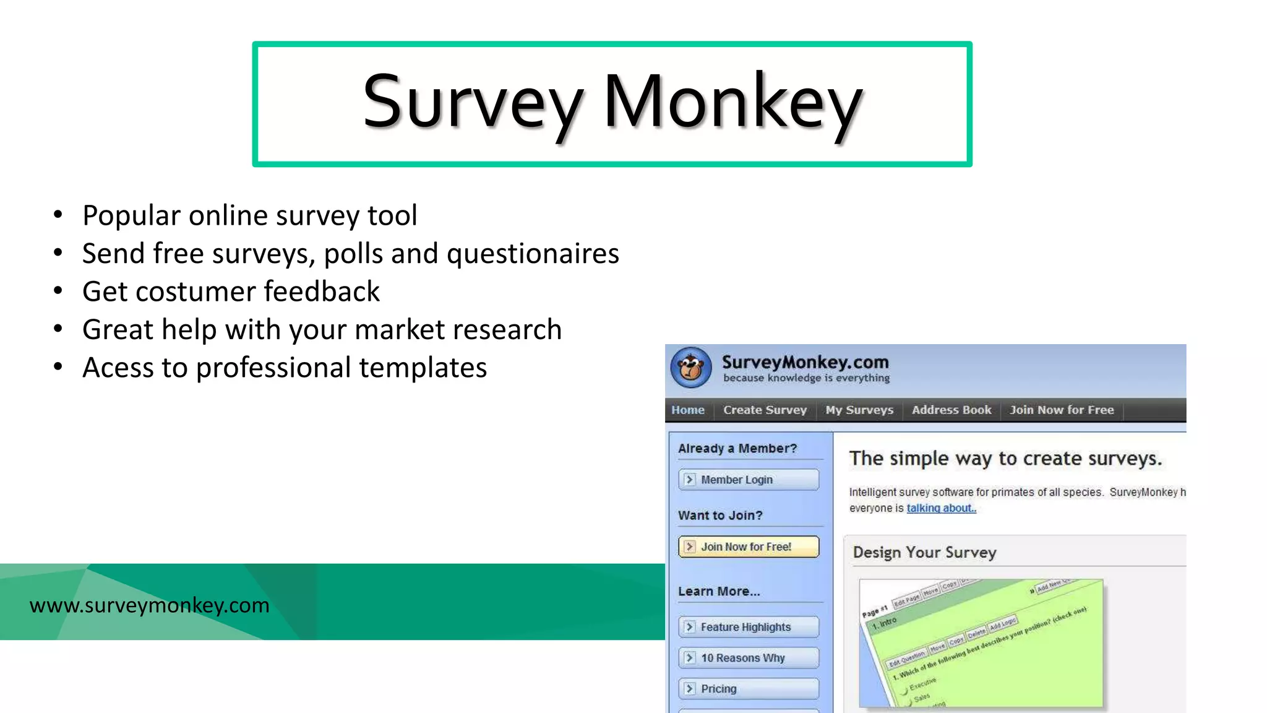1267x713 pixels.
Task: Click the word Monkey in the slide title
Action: [732, 102]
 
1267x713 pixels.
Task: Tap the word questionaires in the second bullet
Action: [533, 254]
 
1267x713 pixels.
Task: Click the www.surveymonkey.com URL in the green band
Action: [149, 605]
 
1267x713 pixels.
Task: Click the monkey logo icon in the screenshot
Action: [691, 368]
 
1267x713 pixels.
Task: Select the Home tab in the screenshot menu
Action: [688, 410]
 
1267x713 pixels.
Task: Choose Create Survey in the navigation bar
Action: [765, 410]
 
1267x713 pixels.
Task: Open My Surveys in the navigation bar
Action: [859, 410]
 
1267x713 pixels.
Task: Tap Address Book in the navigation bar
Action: [951, 410]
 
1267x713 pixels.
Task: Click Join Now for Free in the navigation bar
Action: [1062, 410]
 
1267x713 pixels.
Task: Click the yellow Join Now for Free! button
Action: [749, 547]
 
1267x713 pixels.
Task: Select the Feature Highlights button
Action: [749, 627]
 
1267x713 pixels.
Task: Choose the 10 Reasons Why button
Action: [749, 658]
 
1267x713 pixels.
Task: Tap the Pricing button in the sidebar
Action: [749, 689]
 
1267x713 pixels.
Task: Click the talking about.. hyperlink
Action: [941, 508]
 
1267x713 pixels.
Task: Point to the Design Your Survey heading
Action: [924, 552]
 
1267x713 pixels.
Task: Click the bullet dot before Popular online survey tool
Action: [58, 215]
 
